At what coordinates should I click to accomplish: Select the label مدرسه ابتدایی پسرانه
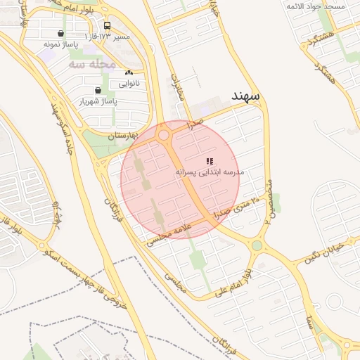click(209, 172)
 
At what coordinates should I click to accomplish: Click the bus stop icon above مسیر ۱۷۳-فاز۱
click(107, 25)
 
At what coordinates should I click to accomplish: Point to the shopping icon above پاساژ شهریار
click(97, 90)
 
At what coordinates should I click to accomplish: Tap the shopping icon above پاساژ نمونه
click(60, 33)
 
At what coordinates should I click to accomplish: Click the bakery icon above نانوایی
click(128, 73)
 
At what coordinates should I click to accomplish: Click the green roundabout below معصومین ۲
click(257, 245)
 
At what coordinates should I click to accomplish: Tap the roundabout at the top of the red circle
click(164, 134)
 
